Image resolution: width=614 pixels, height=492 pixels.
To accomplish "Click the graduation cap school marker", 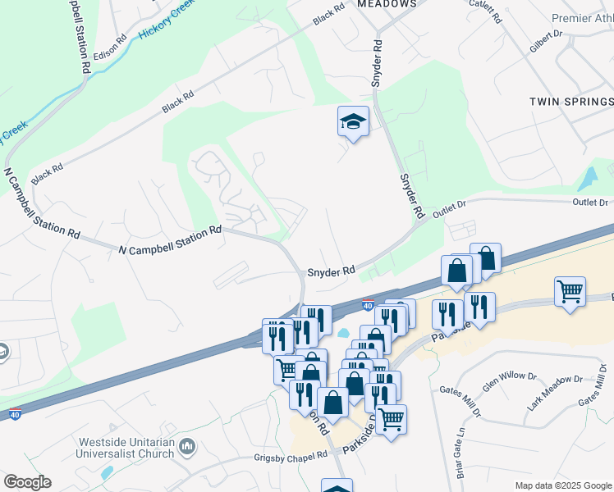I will (354, 122).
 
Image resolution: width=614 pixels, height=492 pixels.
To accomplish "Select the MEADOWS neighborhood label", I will (387, 4).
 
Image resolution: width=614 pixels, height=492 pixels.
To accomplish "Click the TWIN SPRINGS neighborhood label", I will (570, 102).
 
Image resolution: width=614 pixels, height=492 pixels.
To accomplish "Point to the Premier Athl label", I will (582, 18).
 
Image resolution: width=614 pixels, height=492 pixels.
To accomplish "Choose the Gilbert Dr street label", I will (545, 41).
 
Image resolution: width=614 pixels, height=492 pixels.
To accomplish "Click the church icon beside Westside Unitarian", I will (188, 447).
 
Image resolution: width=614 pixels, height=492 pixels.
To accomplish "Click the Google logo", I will (27, 482).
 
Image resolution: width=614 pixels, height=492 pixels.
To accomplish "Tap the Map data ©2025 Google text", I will (563, 485).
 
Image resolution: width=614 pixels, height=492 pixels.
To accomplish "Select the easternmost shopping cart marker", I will (570, 290).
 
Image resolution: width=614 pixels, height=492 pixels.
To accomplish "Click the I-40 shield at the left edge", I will (14, 415).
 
